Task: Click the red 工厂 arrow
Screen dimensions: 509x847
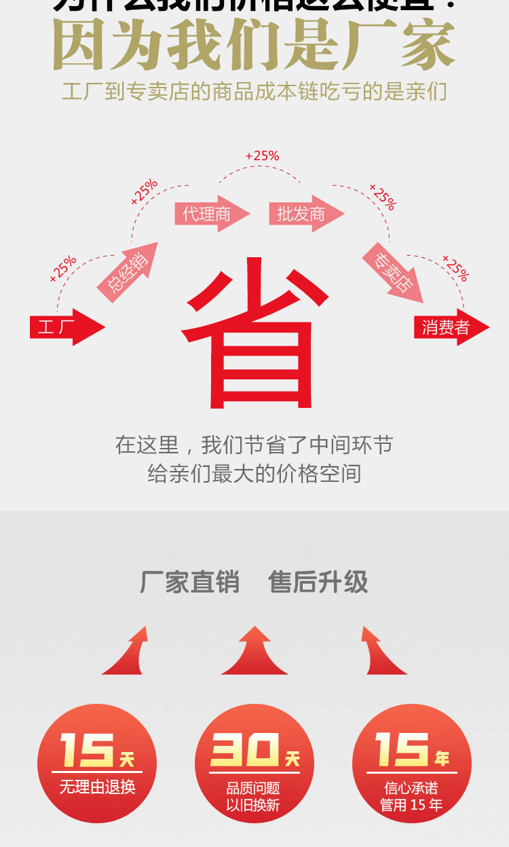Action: click(67, 327)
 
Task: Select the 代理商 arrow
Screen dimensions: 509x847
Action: click(211, 214)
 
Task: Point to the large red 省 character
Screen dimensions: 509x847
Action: click(255, 333)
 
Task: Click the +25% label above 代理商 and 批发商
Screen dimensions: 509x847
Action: click(262, 156)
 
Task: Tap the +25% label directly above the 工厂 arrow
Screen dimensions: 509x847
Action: click(63, 269)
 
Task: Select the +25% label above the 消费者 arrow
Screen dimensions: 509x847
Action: click(455, 268)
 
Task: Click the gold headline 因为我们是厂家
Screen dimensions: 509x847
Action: click(254, 46)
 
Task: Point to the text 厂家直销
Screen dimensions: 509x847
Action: click(189, 582)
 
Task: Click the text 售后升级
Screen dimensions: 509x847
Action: click(318, 582)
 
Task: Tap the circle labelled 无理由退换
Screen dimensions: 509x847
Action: click(97, 764)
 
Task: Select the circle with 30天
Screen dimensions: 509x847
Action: click(254, 764)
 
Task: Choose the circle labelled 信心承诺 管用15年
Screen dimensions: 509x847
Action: click(411, 764)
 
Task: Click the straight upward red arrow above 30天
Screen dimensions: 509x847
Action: click(254, 652)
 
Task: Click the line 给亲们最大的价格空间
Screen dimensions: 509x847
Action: click(254, 474)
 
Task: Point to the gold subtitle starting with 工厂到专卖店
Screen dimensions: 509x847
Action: click(254, 91)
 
